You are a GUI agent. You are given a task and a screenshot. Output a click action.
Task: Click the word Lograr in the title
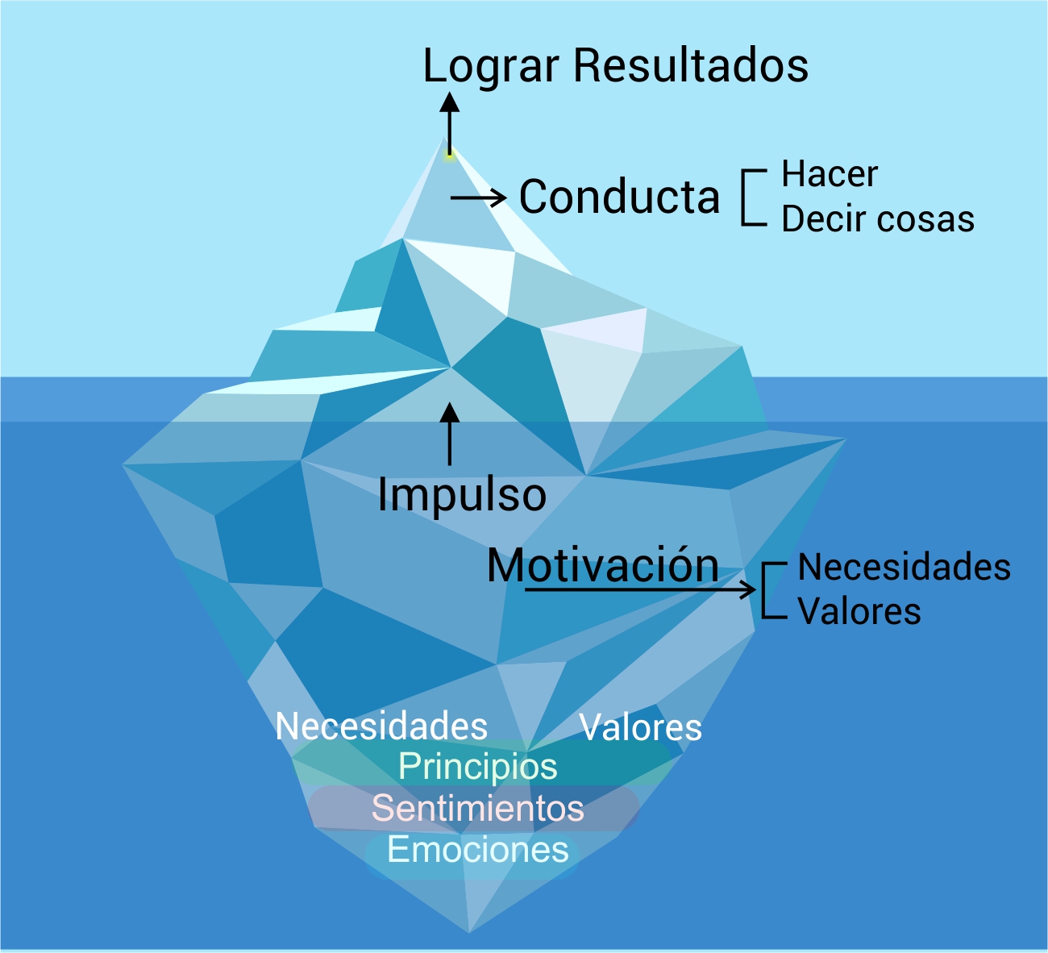pos(490,67)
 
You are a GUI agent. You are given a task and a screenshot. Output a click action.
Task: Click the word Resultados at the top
pos(691,65)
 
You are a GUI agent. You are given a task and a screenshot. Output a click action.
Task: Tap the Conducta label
pos(619,197)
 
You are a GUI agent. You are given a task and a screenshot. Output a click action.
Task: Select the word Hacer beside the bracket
pos(830,174)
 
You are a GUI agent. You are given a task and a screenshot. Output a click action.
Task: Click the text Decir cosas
pos(878,219)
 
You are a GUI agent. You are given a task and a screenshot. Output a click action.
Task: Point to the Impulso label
pos(462,494)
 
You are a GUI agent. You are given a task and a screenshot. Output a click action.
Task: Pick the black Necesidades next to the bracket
pos(904,568)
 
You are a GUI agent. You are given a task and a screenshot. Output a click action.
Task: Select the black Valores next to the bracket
pos(859,611)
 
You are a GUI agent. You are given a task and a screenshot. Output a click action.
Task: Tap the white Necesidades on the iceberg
pos(381,726)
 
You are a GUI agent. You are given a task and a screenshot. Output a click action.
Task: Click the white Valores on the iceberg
pos(641,728)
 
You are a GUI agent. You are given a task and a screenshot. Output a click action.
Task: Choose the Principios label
pos(478,766)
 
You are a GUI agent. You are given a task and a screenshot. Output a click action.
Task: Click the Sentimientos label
pos(478,808)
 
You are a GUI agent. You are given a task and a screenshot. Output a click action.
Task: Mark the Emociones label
pos(478,850)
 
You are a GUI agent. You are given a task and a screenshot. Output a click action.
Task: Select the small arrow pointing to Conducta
pos(479,198)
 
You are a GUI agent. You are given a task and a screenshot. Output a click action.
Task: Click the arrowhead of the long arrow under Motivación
pos(749,590)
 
